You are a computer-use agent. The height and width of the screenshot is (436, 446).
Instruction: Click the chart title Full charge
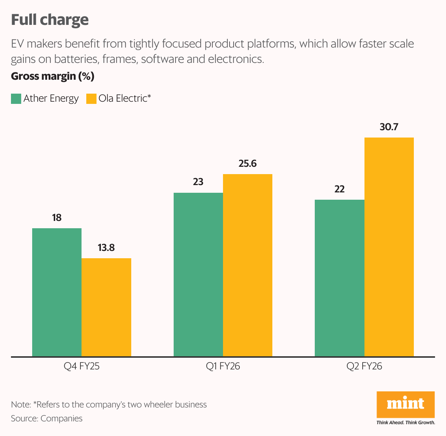point(50,20)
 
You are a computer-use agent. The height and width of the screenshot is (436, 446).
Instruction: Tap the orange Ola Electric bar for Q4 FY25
point(106,307)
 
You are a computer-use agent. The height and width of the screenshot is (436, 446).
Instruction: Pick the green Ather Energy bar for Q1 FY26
point(198,274)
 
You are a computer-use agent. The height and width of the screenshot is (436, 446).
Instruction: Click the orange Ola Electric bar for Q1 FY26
point(247,265)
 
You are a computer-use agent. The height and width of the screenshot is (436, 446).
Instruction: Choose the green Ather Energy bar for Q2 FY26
point(340,278)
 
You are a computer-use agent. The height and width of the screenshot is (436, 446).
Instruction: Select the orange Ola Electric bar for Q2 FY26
point(389,247)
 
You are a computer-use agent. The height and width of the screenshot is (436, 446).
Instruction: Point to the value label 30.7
point(389,127)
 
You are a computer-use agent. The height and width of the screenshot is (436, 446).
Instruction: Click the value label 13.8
point(106,248)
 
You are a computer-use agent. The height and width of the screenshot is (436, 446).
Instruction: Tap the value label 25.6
point(247,163)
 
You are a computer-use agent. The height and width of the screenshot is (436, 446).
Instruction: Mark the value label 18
point(57,218)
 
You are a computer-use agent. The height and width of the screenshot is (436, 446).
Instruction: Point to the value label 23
point(198,182)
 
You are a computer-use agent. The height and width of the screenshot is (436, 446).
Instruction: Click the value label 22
point(340,189)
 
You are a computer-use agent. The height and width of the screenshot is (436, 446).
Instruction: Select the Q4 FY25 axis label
point(82,366)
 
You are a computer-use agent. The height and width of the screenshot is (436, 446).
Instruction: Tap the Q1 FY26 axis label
point(223,366)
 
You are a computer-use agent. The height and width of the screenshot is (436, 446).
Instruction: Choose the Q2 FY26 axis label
point(364,366)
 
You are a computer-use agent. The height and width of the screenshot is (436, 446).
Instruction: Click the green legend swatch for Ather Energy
point(16,99)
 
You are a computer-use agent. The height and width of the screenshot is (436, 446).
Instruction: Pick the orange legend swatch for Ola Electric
point(91,99)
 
